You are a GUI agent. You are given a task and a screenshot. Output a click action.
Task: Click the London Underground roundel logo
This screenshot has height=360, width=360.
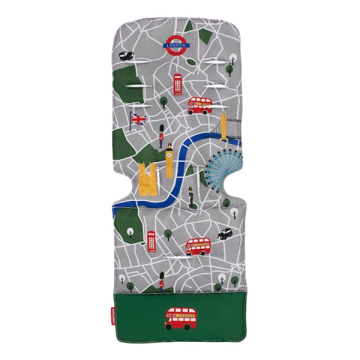(x=180, y=43)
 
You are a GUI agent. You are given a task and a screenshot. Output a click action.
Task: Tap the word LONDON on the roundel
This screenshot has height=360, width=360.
(x=180, y=43)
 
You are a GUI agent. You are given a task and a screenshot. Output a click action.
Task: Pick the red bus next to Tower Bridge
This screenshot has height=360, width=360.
(x=199, y=104)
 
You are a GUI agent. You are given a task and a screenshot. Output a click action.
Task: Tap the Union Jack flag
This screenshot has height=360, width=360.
(x=139, y=118)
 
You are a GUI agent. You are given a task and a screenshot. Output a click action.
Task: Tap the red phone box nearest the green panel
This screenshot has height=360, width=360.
(x=151, y=241)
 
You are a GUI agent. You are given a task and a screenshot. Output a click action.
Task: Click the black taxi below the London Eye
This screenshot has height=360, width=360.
(x=224, y=234)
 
